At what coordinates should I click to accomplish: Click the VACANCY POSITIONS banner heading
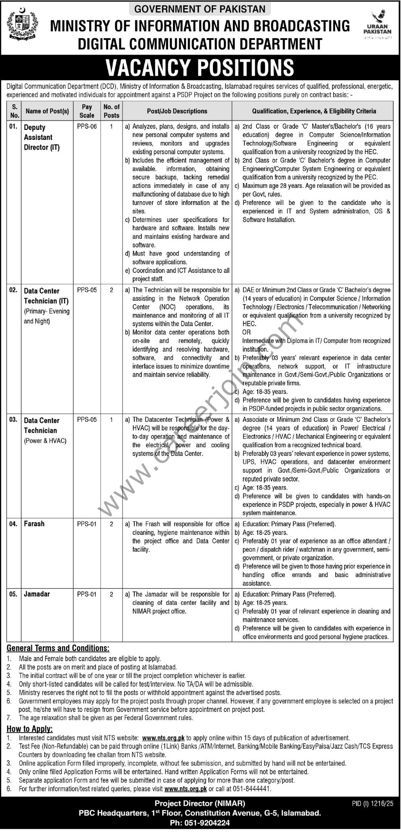coord(200,67)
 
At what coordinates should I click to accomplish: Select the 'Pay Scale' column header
coord(87,111)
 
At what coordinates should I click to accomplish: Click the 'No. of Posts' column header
coord(111,111)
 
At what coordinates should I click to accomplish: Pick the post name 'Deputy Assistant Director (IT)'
coord(42,137)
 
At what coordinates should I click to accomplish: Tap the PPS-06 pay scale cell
coord(87,126)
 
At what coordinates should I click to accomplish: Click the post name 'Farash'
coord(34,524)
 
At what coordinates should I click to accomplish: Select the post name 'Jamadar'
coord(37,594)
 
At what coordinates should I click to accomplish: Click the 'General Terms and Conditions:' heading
coord(58,648)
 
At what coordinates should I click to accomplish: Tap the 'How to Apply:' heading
coord(30,729)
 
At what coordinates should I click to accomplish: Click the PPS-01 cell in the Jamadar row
coord(87,594)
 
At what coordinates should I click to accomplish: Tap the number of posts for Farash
coord(111,524)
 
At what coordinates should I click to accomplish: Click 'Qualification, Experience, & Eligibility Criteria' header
coord(314,111)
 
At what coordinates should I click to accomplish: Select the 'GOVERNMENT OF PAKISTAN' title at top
coord(200,9)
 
